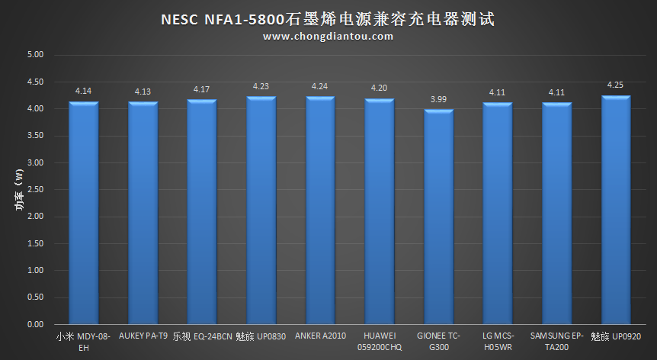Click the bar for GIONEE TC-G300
438,217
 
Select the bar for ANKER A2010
320,211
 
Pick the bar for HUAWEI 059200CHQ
380,212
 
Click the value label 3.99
438,100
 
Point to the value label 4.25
616,85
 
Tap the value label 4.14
83,92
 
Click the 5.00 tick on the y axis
35,55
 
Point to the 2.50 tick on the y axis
35,190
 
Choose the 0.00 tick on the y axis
35,325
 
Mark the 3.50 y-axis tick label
35,136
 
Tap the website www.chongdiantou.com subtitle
328,36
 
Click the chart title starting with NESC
328,18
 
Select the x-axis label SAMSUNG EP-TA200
556,341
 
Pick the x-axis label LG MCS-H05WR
498,341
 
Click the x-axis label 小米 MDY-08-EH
83,341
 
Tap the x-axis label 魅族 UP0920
616,336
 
